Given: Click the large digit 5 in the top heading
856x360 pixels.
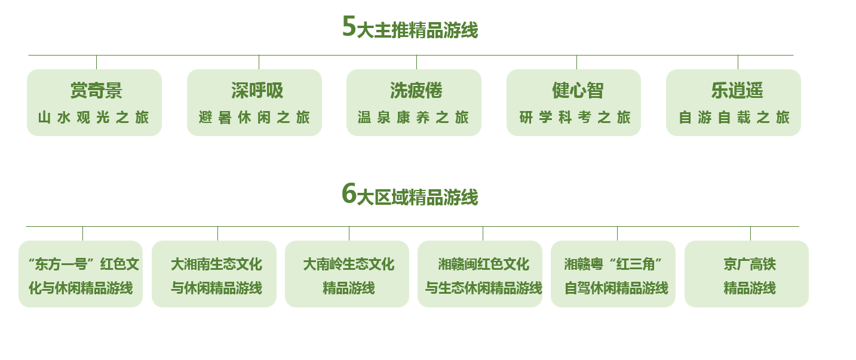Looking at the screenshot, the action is pos(349,26).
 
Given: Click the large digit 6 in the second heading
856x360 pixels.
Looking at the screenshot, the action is pos(349,193).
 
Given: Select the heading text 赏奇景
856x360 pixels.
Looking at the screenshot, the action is pos(96,91).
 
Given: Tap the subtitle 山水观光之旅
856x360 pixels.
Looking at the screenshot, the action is pos(94,117).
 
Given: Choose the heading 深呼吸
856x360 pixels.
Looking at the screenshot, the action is pos(257,91).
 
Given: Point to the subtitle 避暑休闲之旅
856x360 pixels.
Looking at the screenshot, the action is pos(254,117).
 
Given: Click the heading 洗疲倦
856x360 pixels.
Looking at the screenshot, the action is pos(416,91).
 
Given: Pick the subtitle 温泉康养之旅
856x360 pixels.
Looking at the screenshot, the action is pos(413,117).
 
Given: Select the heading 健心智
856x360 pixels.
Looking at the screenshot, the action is pos(578,91).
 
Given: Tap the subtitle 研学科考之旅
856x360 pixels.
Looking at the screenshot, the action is pos(575,117).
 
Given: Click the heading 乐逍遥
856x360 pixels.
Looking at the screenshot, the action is pos(737,91).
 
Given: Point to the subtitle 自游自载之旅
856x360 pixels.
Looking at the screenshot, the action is pos(734,117).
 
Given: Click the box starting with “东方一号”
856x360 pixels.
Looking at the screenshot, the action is pos(81,273).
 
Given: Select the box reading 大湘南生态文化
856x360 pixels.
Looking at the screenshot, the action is pos(214,273).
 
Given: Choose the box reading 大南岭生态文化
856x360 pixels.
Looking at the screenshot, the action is pos(347,273).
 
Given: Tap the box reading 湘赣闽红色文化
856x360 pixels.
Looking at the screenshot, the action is pos(480,273).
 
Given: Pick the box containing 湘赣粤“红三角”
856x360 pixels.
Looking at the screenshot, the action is pos(613,273).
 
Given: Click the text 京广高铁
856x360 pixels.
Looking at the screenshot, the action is pos(750,264).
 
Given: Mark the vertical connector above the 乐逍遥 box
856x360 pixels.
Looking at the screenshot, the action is pos(738,62).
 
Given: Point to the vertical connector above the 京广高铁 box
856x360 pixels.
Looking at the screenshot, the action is pos(750,233).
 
